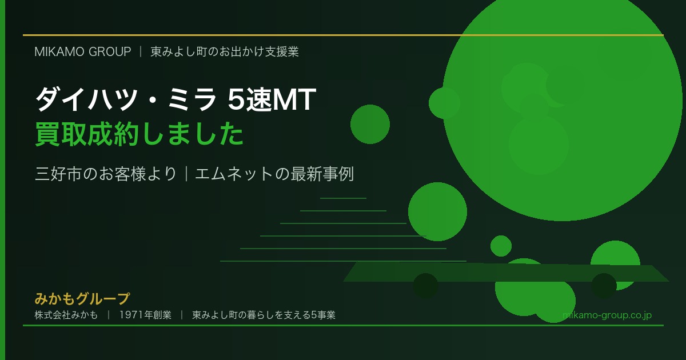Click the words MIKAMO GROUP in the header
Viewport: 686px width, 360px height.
[x=83, y=51]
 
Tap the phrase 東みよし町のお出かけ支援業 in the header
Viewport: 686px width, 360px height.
[x=225, y=51]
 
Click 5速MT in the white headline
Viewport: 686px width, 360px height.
[x=272, y=101]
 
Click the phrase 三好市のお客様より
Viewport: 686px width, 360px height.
[x=106, y=174]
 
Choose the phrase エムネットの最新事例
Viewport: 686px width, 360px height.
[x=274, y=174]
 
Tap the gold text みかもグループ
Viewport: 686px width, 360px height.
[x=82, y=298]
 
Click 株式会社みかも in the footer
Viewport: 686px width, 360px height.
[x=66, y=315]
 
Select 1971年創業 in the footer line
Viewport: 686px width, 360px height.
[x=145, y=315]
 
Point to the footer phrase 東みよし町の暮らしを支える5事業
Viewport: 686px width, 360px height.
[x=264, y=315]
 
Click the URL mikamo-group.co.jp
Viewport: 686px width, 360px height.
[x=607, y=315]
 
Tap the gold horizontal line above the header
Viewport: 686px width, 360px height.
[x=343, y=35]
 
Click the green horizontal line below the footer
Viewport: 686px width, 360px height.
[x=343, y=326]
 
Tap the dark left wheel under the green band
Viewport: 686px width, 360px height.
[x=425, y=286]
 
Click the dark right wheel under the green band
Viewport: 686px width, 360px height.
[x=604, y=286]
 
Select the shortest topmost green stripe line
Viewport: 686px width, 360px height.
[x=343, y=198]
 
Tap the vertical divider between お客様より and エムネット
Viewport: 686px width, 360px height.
[x=186, y=174]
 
